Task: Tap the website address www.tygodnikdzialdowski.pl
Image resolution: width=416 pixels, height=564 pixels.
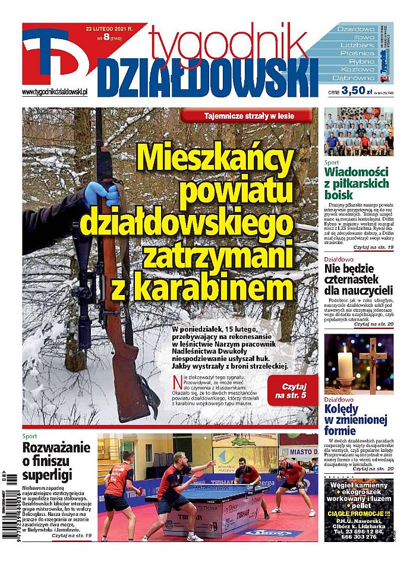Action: tap(55, 92)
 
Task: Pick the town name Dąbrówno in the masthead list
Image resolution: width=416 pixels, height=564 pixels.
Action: tap(355, 78)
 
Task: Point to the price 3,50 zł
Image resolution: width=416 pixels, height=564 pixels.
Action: tap(352, 92)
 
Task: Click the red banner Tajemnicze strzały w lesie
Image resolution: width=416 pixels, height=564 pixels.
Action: tap(245, 116)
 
